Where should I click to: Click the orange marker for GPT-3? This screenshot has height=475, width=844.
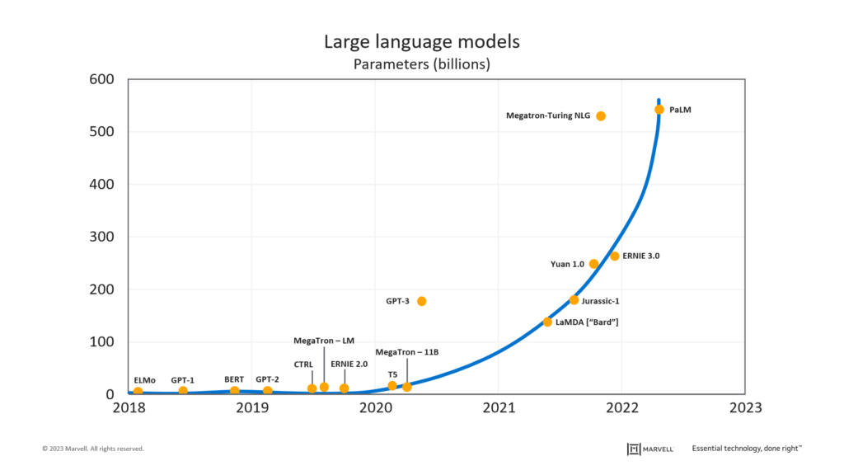(x=422, y=301)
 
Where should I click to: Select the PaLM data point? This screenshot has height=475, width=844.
(x=659, y=110)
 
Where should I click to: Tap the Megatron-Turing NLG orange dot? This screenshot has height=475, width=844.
(x=601, y=116)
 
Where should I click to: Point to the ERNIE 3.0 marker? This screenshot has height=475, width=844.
(x=614, y=256)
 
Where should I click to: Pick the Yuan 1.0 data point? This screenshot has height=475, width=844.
(x=593, y=264)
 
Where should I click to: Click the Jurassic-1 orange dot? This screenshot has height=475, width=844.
(x=574, y=300)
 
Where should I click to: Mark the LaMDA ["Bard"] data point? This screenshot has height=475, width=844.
(x=547, y=322)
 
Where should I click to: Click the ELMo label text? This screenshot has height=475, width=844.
(x=144, y=380)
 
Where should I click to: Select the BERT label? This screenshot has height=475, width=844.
(x=234, y=379)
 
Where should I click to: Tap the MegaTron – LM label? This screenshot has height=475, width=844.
(x=324, y=341)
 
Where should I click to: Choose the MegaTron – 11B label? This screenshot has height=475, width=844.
(x=407, y=352)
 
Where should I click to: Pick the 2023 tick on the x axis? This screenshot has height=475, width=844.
(x=745, y=407)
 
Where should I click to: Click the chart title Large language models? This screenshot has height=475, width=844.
(x=422, y=42)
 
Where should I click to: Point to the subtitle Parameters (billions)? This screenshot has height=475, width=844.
(x=422, y=63)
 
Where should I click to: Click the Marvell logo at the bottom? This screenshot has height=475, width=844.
(x=650, y=449)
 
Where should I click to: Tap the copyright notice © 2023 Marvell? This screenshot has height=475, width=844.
(x=93, y=449)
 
